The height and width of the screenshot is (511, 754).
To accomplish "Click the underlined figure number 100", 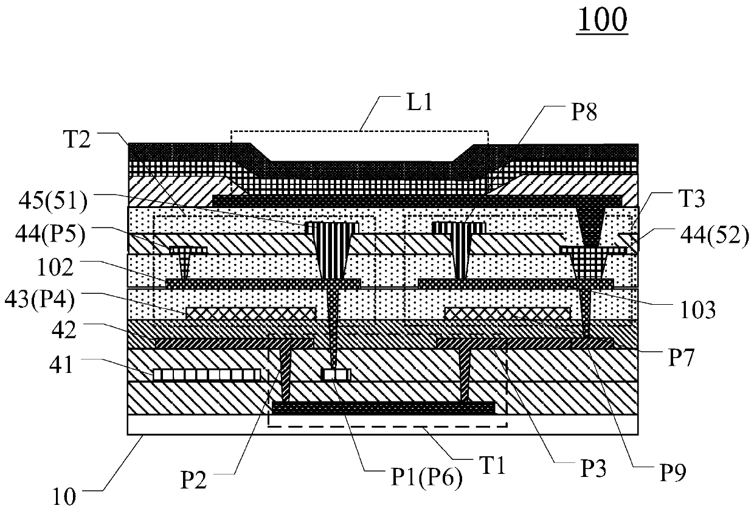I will pyautogui.click(x=602, y=20).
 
